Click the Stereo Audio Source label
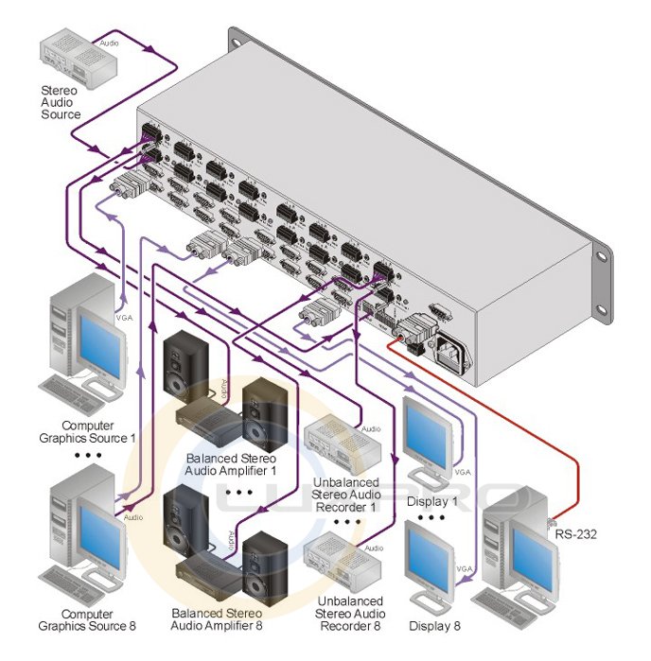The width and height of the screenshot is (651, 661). (60, 102)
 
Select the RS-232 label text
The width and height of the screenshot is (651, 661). (577, 534)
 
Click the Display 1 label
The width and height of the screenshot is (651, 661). (433, 501)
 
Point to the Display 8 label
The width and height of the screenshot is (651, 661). (433, 626)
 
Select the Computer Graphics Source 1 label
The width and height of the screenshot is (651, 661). (100, 432)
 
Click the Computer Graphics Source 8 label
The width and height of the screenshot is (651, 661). (100, 619)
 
